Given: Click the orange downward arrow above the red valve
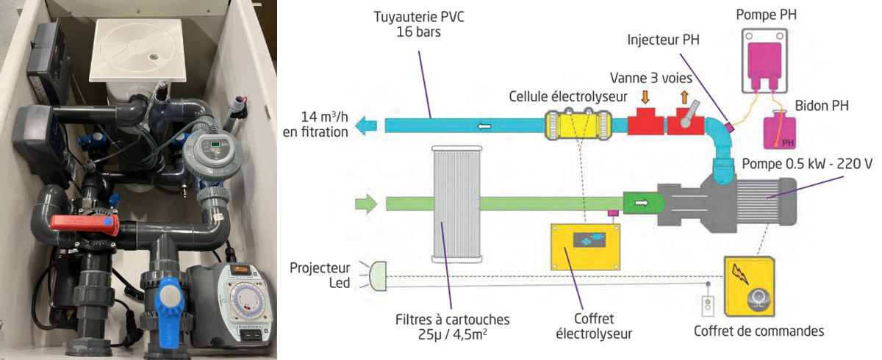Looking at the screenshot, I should coord(645,97).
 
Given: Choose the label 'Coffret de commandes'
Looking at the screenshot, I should coord(759,331).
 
